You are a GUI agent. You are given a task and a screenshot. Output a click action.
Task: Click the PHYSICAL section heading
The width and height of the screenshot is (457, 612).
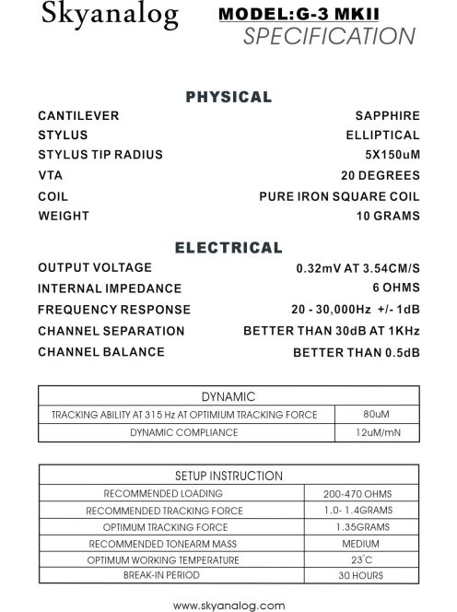click(228, 97)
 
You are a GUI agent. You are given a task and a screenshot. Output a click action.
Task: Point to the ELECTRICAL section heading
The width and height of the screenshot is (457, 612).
click(228, 247)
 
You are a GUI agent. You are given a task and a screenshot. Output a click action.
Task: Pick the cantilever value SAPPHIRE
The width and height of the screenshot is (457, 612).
click(387, 116)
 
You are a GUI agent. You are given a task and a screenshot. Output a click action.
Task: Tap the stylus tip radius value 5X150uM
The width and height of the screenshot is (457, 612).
click(392, 155)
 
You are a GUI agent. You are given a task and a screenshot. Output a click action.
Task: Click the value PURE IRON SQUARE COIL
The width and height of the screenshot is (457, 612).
click(339, 196)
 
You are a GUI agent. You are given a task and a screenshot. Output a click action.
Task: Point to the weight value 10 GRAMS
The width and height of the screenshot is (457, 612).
click(387, 217)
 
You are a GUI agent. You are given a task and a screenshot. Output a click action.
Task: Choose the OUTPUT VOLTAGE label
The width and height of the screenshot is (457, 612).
click(95, 267)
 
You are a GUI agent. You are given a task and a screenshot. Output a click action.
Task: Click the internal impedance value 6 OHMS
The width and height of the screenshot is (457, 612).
click(393, 288)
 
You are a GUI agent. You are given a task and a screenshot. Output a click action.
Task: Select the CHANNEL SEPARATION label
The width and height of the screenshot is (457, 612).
click(111, 331)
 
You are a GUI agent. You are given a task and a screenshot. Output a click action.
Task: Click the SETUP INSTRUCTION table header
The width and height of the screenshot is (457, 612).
click(228, 476)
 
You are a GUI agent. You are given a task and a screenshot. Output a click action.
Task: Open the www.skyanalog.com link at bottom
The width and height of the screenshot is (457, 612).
click(228, 604)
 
